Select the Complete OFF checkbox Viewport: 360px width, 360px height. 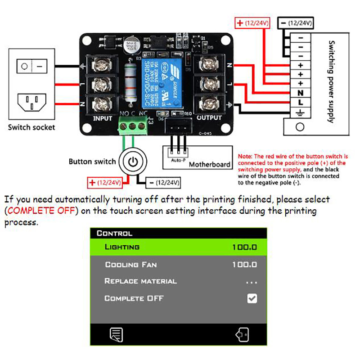pyautogui.click(x=252, y=298)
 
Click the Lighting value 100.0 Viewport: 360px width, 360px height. pyautogui.click(x=244, y=247)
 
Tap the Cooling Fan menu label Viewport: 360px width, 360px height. pyautogui.click(x=130, y=265)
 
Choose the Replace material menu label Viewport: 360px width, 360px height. pyautogui.click(x=140, y=281)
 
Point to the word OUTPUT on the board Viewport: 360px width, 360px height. pyautogui.click(x=209, y=118)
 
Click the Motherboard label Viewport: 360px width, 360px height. pyautogui.click(x=209, y=165)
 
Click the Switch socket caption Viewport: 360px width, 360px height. pyautogui.click(x=31, y=127)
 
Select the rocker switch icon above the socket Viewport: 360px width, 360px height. pyautogui.click(x=31, y=66)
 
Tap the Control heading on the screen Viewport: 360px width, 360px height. pyautogui.click(x=114, y=234)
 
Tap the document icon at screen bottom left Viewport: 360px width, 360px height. pyautogui.click(x=117, y=334)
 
